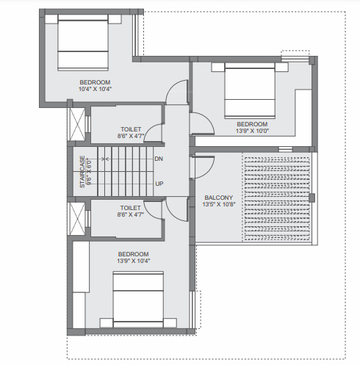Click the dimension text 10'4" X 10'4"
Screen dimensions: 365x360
(95, 89)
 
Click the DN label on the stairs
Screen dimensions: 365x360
(159, 159)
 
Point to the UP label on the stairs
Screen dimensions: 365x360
(159, 184)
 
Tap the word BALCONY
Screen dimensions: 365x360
(218, 197)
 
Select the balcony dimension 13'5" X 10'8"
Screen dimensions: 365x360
(218, 206)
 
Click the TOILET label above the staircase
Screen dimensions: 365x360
(130, 129)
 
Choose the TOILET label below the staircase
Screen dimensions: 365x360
(130, 208)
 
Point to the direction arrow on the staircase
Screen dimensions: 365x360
(103, 159)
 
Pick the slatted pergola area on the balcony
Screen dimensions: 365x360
(277, 195)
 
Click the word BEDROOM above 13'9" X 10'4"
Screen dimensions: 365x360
(134, 253)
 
